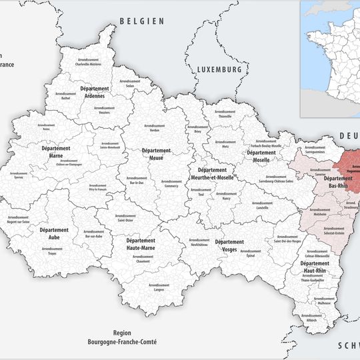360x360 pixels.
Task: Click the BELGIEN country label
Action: tap(141, 21)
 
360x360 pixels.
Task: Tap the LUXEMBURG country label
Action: tap(218, 69)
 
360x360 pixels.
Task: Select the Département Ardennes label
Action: tap(95, 92)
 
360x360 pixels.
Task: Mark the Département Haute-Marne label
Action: tap(141, 244)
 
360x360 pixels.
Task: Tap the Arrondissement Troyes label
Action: tap(51, 253)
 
